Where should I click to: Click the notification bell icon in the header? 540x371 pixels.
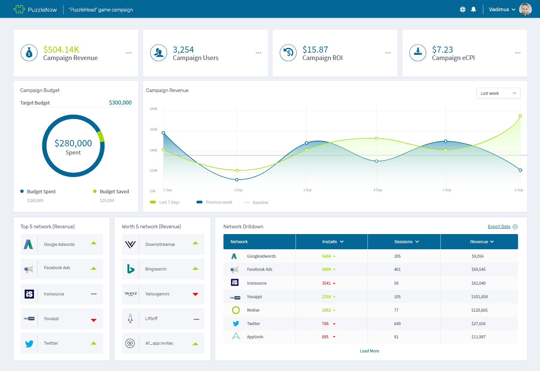pos(474,9)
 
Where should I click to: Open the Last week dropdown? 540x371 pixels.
pos(498,93)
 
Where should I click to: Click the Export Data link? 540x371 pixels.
pos(499,227)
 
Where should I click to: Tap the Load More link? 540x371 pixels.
pos(369,351)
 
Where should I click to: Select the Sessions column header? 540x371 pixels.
pos(406,242)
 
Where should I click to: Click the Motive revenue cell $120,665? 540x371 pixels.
pos(479,310)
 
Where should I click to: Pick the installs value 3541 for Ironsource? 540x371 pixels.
pos(326,283)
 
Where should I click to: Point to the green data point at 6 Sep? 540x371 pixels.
pos(520,116)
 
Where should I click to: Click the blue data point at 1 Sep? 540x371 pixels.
pos(163,133)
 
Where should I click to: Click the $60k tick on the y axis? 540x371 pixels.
pos(154,130)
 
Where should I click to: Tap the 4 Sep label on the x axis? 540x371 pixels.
pos(378,190)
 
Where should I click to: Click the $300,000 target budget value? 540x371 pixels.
pos(120,103)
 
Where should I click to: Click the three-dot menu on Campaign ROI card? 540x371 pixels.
pos(388,53)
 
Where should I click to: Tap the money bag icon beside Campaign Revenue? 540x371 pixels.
pos(29,53)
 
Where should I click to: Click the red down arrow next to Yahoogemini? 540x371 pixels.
pos(195,294)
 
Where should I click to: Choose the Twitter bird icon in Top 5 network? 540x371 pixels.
pos(29,344)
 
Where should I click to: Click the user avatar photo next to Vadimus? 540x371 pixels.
pos(525,9)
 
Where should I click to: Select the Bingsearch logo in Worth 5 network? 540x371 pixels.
pos(131,269)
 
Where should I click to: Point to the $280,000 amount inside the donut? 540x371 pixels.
pos(73,143)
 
